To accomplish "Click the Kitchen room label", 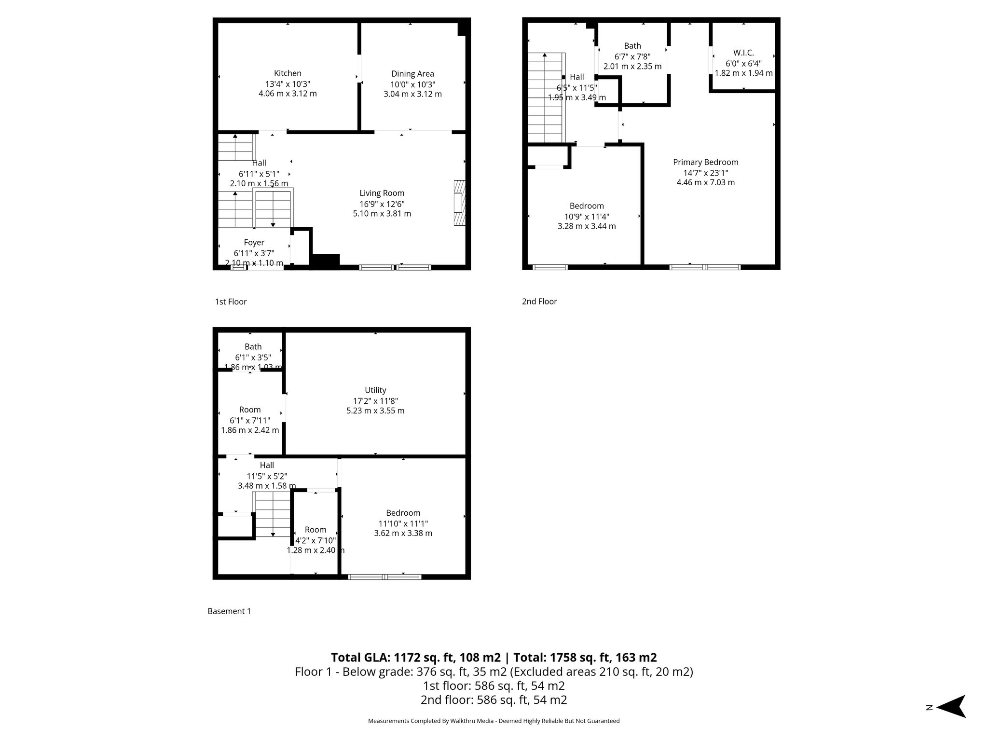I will click(x=288, y=73).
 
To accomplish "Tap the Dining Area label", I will click(x=412, y=74).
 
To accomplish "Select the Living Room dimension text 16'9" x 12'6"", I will click(x=382, y=204).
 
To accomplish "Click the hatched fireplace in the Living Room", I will click(x=460, y=203).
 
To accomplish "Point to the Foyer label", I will click(x=254, y=243).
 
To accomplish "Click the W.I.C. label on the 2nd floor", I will click(x=743, y=53).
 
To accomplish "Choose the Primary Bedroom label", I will click(x=705, y=162).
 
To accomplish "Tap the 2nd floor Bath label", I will click(x=632, y=46).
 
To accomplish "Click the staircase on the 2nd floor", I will click(x=545, y=99).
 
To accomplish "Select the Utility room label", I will click(x=375, y=390).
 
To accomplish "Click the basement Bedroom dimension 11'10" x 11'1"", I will click(x=403, y=523).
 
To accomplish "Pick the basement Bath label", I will click(x=253, y=347).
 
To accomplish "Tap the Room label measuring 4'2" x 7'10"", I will click(x=316, y=530).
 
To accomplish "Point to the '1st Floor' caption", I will click(x=231, y=302).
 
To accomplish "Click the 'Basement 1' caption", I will click(x=229, y=611).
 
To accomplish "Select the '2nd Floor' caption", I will click(x=539, y=302).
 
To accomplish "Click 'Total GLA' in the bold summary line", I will click(x=359, y=658).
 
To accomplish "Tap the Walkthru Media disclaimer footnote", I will click(x=494, y=721).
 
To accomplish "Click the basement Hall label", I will click(x=267, y=466).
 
